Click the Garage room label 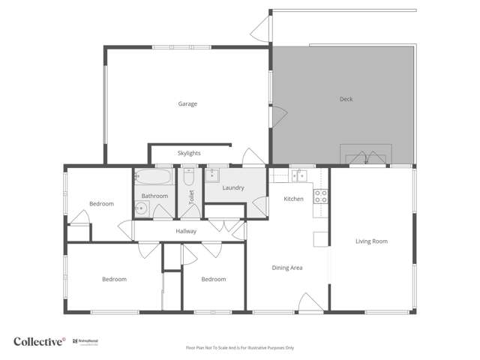point(187,103)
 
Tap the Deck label point(346,99)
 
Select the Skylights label point(189,153)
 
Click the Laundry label point(233,187)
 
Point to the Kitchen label point(293,199)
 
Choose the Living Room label point(371,241)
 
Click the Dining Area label point(286,268)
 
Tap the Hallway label point(186,231)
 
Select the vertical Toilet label point(192,197)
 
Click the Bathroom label point(154,196)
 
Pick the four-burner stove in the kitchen point(320,196)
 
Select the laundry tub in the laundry point(211,176)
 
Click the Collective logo point(39,341)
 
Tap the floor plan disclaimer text point(240,348)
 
